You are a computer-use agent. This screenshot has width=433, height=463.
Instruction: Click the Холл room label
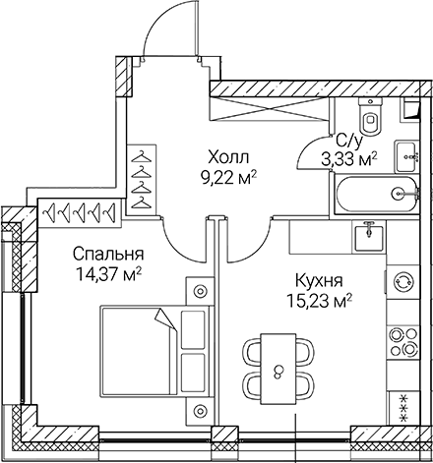[227, 157]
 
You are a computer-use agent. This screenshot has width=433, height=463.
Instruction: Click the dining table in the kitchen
[278, 370]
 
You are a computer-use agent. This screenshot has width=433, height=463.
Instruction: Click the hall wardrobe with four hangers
[143, 177]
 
